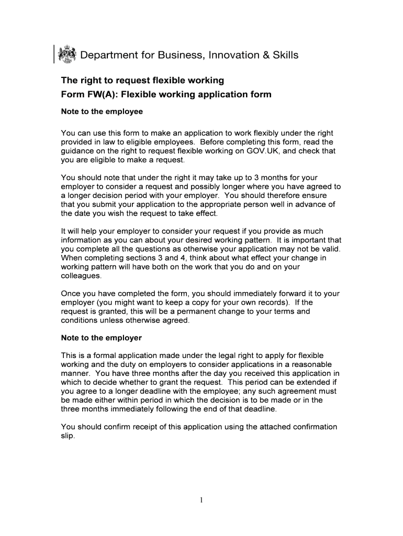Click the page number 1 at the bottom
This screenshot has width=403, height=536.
[201, 500]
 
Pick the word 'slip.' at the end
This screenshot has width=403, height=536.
[69, 435]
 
